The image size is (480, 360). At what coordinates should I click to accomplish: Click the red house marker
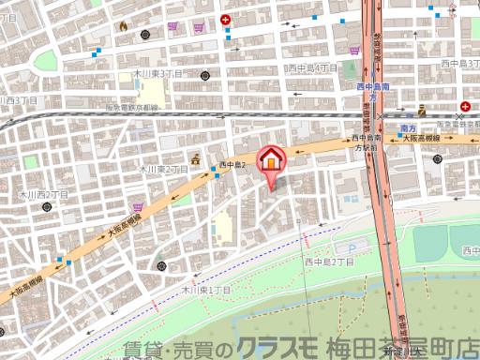point(270,159)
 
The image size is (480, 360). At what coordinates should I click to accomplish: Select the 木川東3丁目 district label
point(157,72)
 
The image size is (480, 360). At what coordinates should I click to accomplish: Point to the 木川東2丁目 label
point(160,170)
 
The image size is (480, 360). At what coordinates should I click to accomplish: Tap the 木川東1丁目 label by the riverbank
point(205,292)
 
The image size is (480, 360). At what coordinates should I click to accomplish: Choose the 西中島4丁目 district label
point(312,68)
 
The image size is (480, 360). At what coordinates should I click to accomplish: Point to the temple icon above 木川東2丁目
point(196,157)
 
